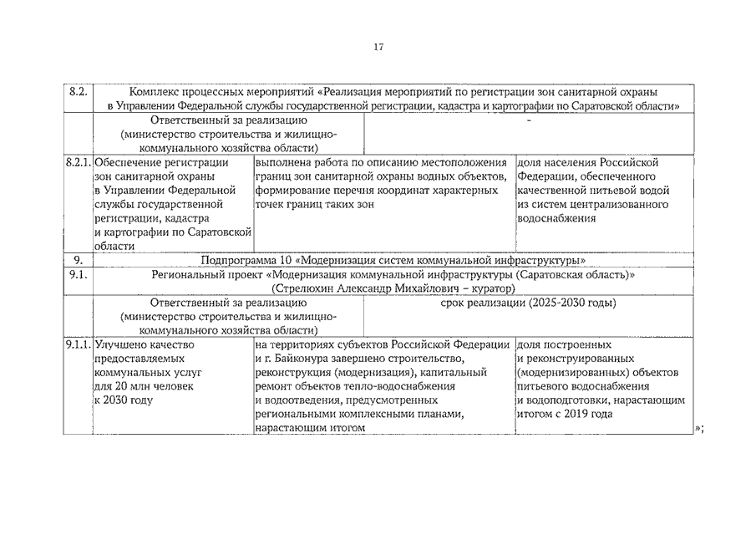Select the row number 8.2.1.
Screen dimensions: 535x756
click(x=79, y=162)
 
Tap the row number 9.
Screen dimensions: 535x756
click(x=78, y=260)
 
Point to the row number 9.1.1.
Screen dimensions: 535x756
click(x=79, y=344)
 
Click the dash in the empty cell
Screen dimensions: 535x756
click(x=528, y=120)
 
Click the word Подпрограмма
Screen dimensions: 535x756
click(x=236, y=260)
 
